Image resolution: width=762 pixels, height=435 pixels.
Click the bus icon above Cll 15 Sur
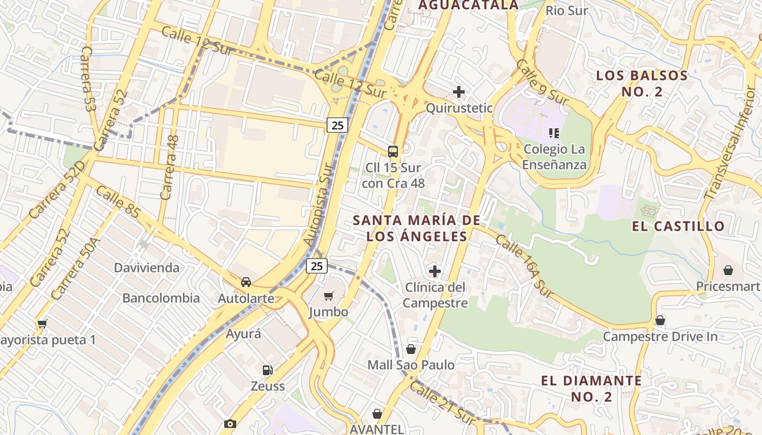click(x=393, y=152)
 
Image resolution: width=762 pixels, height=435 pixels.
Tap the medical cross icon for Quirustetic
click(x=459, y=92)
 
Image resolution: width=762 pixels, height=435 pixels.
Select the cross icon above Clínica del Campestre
click(x=435, y=271)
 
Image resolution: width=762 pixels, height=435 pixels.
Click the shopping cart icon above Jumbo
click(x=328, y=296)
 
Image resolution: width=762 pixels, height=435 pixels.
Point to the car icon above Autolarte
click(x=246, y=282)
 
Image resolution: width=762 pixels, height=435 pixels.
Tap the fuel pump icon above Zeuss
click(x=267, y=370)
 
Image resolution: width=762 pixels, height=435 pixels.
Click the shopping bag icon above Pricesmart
click(x=728, y=270)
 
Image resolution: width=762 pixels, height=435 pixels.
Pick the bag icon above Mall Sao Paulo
click(x=411, y=349)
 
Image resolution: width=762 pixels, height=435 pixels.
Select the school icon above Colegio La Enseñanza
click(x=554, y=133)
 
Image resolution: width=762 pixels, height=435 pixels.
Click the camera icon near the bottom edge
click(x=230, y=424)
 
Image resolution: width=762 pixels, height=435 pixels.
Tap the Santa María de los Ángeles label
click(x=417, y=228)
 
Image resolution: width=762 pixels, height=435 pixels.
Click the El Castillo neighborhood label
click(x=678, y=226)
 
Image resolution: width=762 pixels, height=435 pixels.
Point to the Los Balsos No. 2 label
click(x=642, y=83)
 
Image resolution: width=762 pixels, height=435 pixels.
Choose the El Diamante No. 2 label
click(x=592, y=388)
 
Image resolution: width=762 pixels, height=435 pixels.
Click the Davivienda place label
click(x=146, y=268)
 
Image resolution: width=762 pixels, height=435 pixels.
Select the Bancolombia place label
click(x=161, y=298)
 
